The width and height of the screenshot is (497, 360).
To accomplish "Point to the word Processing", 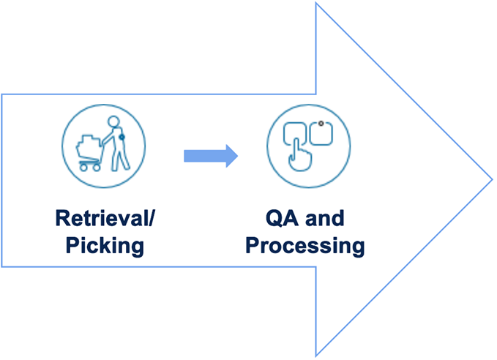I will [x=304, y=245].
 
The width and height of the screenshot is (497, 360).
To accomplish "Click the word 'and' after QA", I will [x=324, y=219].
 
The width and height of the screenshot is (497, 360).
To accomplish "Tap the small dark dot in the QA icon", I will [x=321, y=124].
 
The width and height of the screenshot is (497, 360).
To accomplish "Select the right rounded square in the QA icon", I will [x=323, y=135].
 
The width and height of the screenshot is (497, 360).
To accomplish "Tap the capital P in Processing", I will [x=253, y=245].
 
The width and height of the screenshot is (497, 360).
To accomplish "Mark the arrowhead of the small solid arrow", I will [x=231, y=154].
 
